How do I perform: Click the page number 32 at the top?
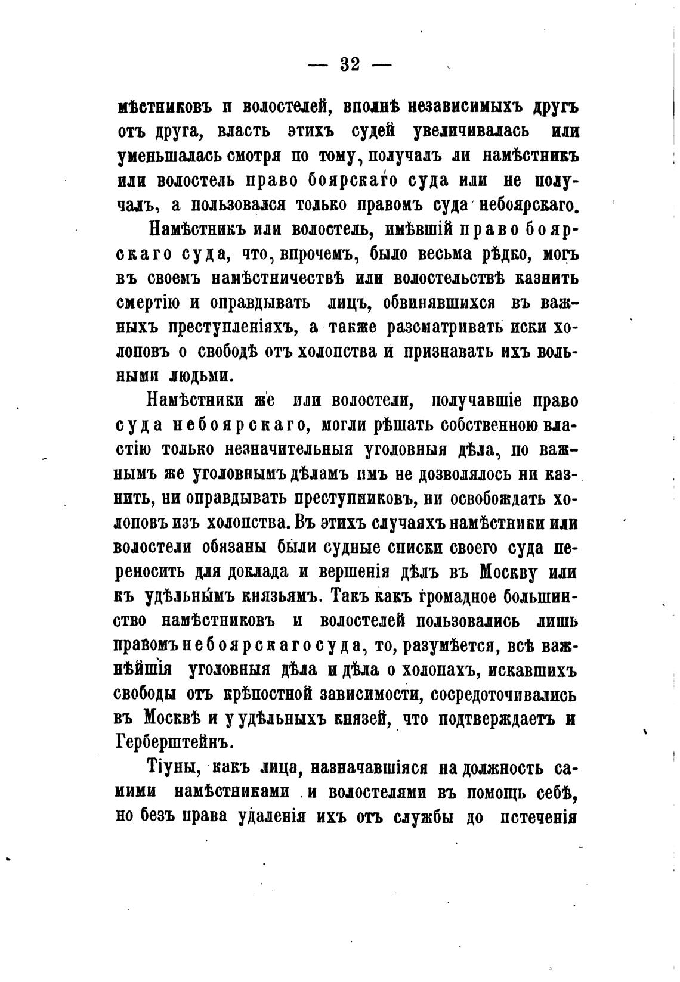[350, 64]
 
